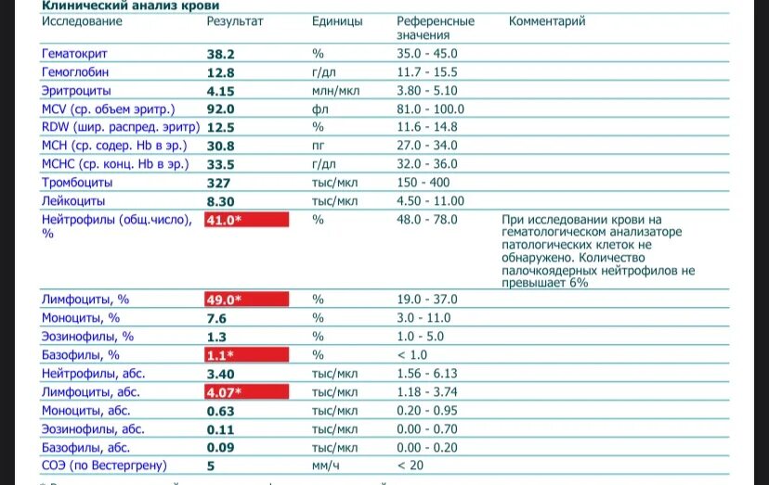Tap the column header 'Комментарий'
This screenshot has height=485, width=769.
[547, 21]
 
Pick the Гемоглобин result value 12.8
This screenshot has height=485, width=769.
[220, 72]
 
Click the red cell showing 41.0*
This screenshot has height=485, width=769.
[246, 220]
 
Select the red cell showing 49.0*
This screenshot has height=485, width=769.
[246, 300]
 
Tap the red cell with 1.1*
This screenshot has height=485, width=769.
[246, 354]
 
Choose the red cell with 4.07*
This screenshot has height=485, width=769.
[246, 391]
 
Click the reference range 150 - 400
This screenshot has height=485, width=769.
[424, 183]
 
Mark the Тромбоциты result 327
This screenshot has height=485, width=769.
[218, 183]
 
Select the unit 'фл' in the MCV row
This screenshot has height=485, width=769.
[318, 108]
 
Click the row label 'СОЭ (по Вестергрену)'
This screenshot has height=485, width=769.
[103, 466]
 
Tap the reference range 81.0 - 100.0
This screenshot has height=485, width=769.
[430, 108]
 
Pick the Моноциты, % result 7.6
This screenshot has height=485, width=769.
[216, 318]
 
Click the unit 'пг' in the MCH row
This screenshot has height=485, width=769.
[318, 146]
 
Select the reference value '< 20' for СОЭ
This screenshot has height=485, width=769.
[411, 466]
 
